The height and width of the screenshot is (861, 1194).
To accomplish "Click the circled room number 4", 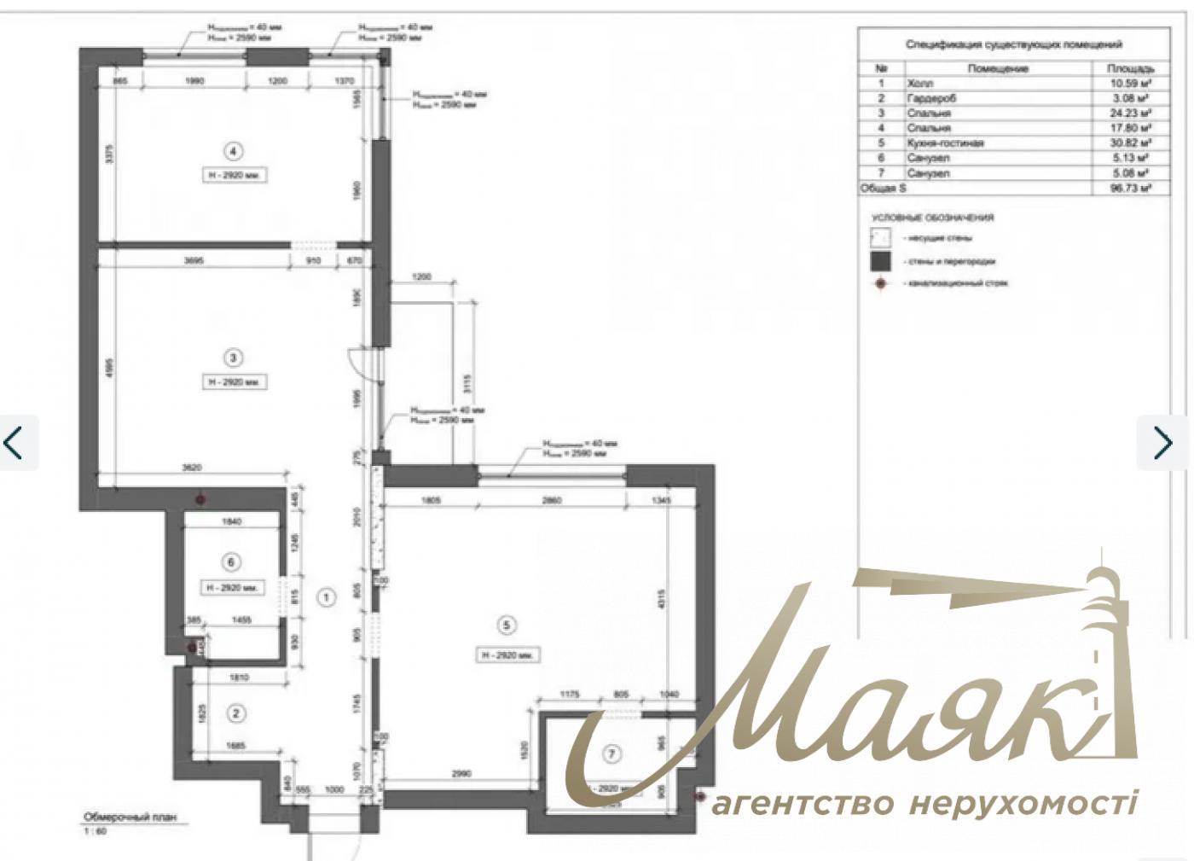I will (x=233, y=151).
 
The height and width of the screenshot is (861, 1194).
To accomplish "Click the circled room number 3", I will (x=233, y=358).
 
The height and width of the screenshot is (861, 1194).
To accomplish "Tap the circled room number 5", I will (x=507, y=625).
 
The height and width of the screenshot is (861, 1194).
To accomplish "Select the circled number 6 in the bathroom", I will (x=231, y=561).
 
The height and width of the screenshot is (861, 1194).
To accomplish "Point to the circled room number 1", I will (x=326, y=597).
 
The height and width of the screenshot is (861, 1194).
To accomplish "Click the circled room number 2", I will (x=238, y=713).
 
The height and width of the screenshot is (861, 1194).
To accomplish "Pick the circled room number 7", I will (x=611, y=753).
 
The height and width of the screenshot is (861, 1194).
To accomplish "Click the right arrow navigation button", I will (x=1162, y=443).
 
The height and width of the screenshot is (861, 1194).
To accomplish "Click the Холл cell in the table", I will (x=920, y=84).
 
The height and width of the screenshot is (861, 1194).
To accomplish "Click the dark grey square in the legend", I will (x=880, y=262).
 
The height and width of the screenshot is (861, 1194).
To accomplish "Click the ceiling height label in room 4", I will (x=233, y=176).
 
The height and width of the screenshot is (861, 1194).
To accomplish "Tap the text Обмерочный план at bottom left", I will (x=130, y=816).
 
